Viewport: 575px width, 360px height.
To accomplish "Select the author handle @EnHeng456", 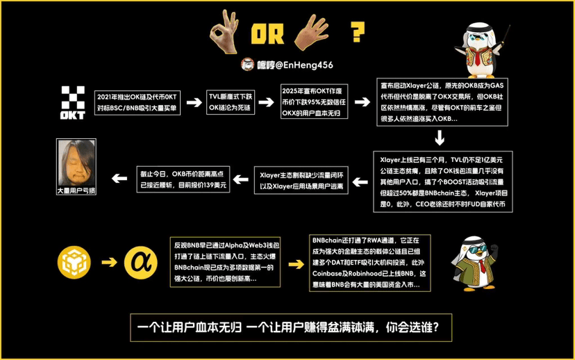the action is pos(294,65).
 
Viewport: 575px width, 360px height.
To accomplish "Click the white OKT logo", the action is pos(72,101).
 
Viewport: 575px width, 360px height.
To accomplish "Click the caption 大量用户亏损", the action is pos(75,190).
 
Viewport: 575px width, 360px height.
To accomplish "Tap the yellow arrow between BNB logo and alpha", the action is pos(107,263).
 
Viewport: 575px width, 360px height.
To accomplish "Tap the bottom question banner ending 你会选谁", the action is pos(286,327).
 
